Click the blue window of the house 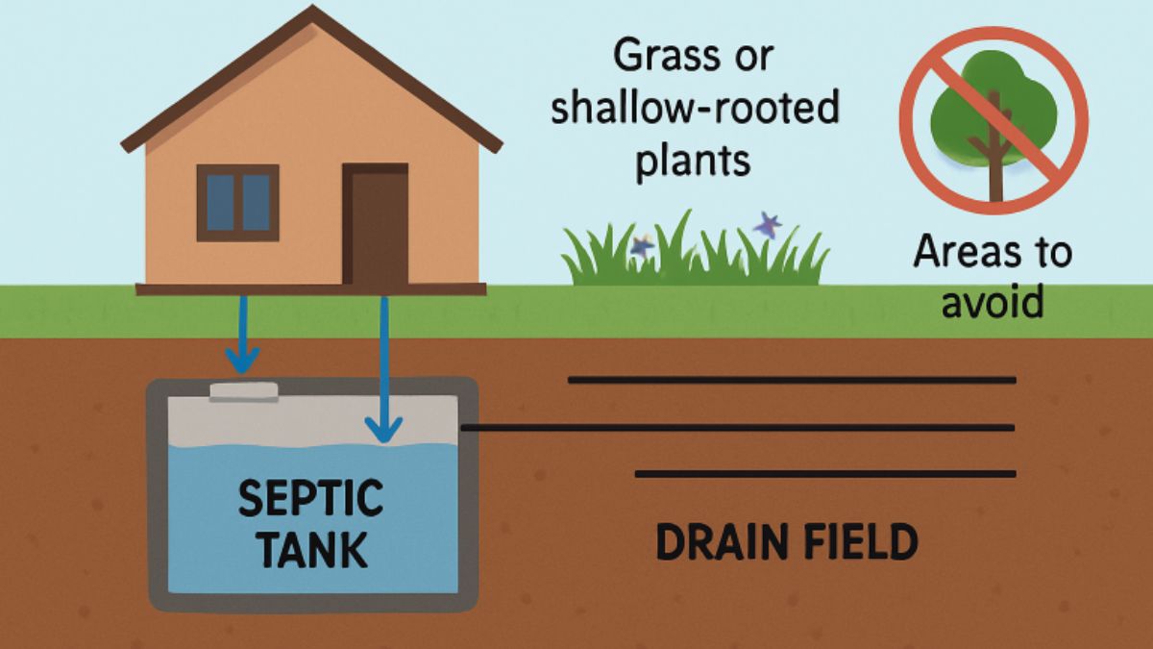(237, 202)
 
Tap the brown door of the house (376, 227)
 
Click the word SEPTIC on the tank (309, 500)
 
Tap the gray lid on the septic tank (244, 391)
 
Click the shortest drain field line (825, 473)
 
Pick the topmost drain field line (792, 380)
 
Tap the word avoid (992, 303)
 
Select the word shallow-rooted (695, 109)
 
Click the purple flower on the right (767, 226)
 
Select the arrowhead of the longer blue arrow (384, 430)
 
